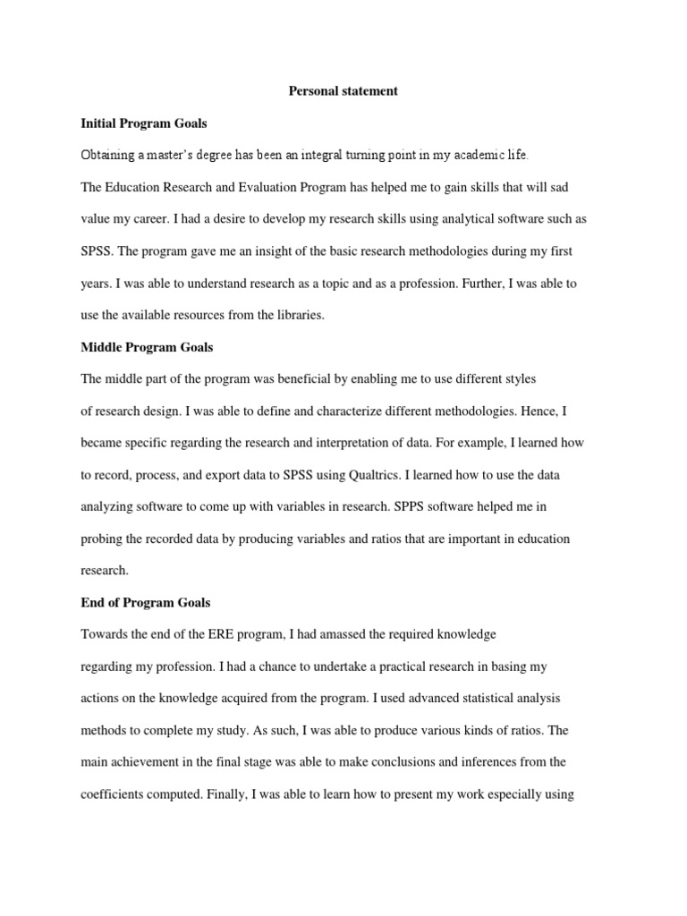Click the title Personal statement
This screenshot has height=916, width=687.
343,90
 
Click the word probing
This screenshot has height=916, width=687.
103,539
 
